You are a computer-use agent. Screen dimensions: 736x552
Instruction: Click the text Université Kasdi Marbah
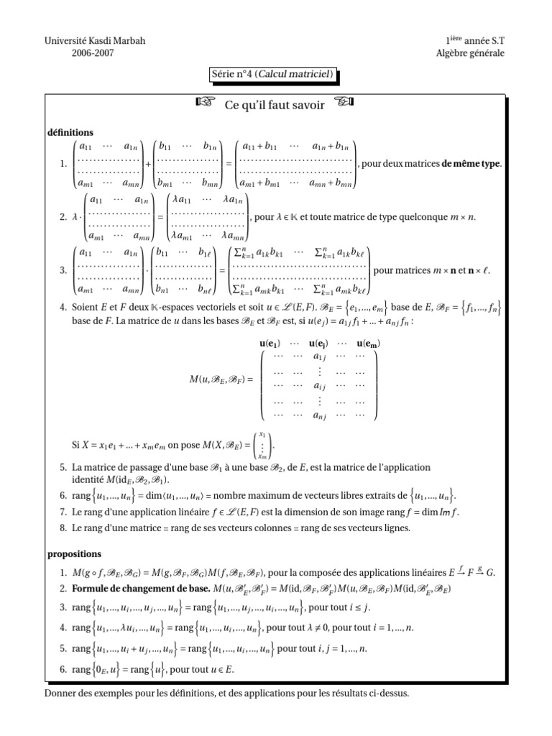click(95, 41)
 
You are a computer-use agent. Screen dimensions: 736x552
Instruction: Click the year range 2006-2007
click(95, 52)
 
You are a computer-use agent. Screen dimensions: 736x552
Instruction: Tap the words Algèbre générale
click(470, 52)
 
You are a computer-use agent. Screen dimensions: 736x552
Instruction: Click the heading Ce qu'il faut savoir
click(275, 106)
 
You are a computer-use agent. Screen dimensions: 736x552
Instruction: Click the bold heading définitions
click(70, 132)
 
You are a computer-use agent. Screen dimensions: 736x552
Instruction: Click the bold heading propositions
click(75, 554)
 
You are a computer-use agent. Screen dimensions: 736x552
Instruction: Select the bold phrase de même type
click(471, 164)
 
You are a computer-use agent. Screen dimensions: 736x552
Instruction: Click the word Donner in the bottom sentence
click(60, 694)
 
